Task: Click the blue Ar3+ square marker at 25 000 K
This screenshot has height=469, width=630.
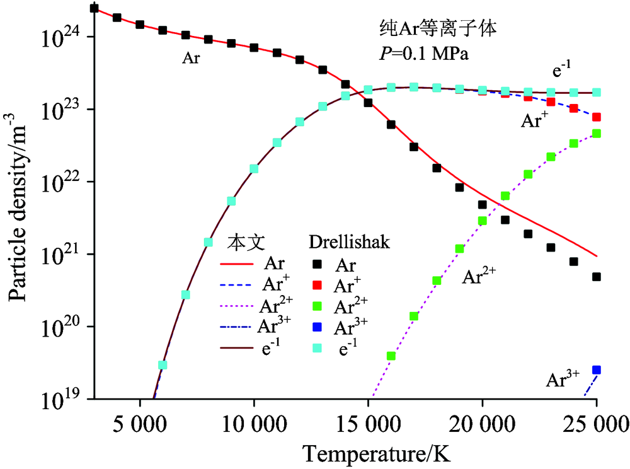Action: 597,370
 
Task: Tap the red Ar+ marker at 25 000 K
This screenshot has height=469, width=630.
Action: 597,117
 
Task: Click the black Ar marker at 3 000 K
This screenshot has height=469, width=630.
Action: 94,8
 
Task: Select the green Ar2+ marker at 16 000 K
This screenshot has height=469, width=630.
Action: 391,356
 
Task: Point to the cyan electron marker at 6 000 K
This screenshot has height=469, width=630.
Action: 163,365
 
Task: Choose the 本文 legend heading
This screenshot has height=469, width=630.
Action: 243,243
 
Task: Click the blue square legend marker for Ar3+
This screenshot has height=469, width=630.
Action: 321,327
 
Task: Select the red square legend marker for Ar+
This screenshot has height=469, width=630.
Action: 321,286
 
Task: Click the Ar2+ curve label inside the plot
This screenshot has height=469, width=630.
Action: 479,276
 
